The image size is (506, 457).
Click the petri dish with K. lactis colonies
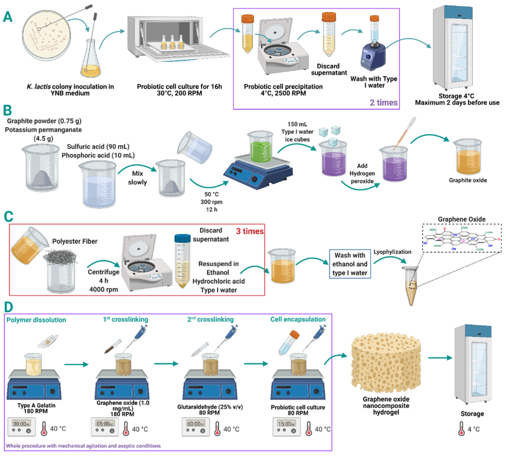[46, 35]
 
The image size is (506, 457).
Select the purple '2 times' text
[383, 103]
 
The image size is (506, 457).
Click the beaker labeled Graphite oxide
[468, 161]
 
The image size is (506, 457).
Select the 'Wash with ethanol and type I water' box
[350, 264]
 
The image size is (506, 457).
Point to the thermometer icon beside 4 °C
[461, 428]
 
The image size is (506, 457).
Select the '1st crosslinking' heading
[125, 319]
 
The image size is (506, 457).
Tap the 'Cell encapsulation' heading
[298, 319]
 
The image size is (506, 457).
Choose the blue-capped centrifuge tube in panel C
[182, 261]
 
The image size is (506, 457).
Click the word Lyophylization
[392, 252]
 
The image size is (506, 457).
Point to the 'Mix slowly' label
[137, 178]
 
